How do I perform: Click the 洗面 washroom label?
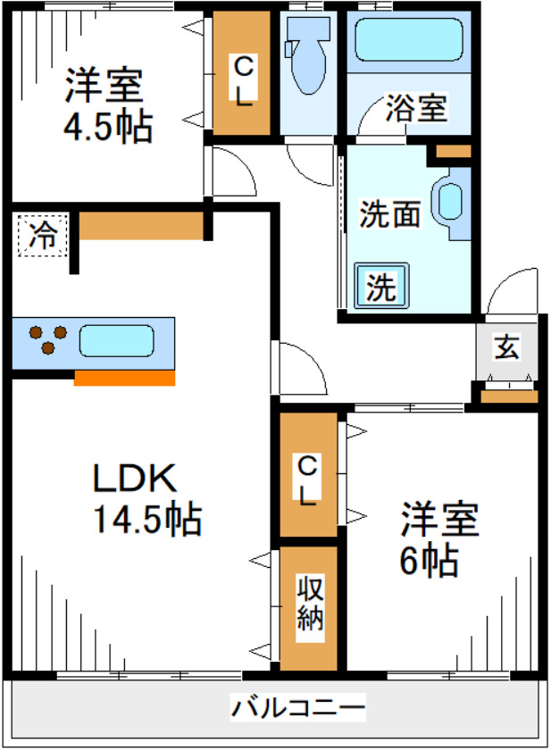(x=390, y=214)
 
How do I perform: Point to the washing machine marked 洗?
(x=380, y=287)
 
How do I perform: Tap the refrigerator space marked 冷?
(x=41, y=235)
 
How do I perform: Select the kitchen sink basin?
(x=116, y=341)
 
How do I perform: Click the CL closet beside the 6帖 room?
(x=307, y=480)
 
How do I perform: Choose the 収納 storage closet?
(x=309, y=605)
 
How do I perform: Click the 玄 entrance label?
(x=507, y=346)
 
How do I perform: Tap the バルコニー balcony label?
(x=299, y=709)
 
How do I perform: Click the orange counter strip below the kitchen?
(x=124, y=378)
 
